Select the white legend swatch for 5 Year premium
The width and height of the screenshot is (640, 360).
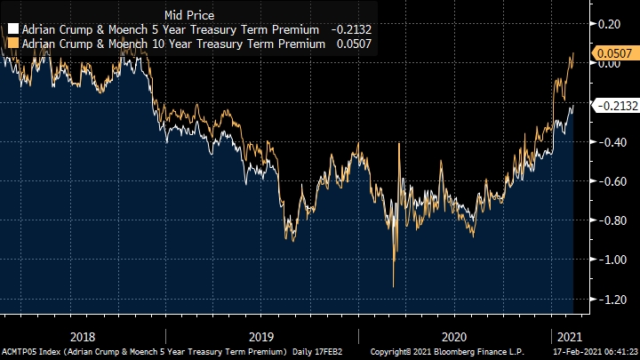(12, 29)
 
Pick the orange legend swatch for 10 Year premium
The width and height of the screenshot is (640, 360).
(12, 43)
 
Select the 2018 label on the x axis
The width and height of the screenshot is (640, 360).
(82, 337)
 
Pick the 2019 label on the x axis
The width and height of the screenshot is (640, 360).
(261, 337)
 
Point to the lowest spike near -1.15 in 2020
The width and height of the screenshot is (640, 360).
(394, 285)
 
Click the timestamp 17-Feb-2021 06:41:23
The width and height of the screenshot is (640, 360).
(587, 353)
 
